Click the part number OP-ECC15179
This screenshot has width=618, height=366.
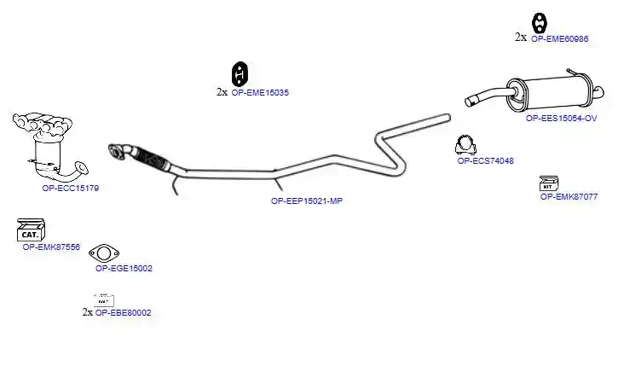71,189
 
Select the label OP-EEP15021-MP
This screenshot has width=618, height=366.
307,200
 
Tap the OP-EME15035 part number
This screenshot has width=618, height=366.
260,92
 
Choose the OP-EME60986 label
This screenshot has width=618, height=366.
560,38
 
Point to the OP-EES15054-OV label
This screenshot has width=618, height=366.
561,118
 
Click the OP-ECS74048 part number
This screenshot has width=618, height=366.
486,160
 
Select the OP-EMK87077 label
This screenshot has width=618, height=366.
569,196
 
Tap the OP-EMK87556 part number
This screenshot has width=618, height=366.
51,247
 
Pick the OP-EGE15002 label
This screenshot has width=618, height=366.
124,268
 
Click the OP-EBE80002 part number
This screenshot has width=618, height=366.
123,312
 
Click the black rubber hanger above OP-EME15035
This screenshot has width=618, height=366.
240,73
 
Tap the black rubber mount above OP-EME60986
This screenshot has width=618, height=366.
540,23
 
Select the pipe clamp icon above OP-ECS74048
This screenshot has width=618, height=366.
465,145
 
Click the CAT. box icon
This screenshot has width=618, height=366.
31,230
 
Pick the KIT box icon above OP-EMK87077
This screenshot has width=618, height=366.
549,183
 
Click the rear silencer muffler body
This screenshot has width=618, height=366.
556,93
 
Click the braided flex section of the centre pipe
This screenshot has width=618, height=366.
152,158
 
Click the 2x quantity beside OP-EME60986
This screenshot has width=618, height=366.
521,37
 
